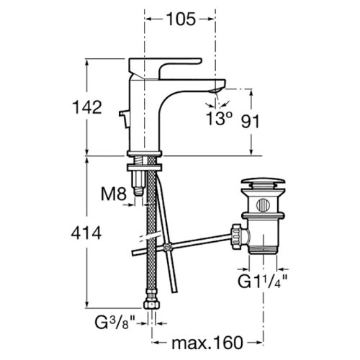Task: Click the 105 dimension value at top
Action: coord(181,19)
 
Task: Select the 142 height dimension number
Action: coord(87,107)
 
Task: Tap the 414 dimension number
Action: coord(86,233)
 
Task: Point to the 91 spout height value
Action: coord(251,122)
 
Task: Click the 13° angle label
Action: coord(219,118)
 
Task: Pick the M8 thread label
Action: coord(114,194)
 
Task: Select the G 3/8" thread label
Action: coord(115,323)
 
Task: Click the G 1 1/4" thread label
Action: coord(263,282)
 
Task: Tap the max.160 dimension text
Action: coord(207,343)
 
